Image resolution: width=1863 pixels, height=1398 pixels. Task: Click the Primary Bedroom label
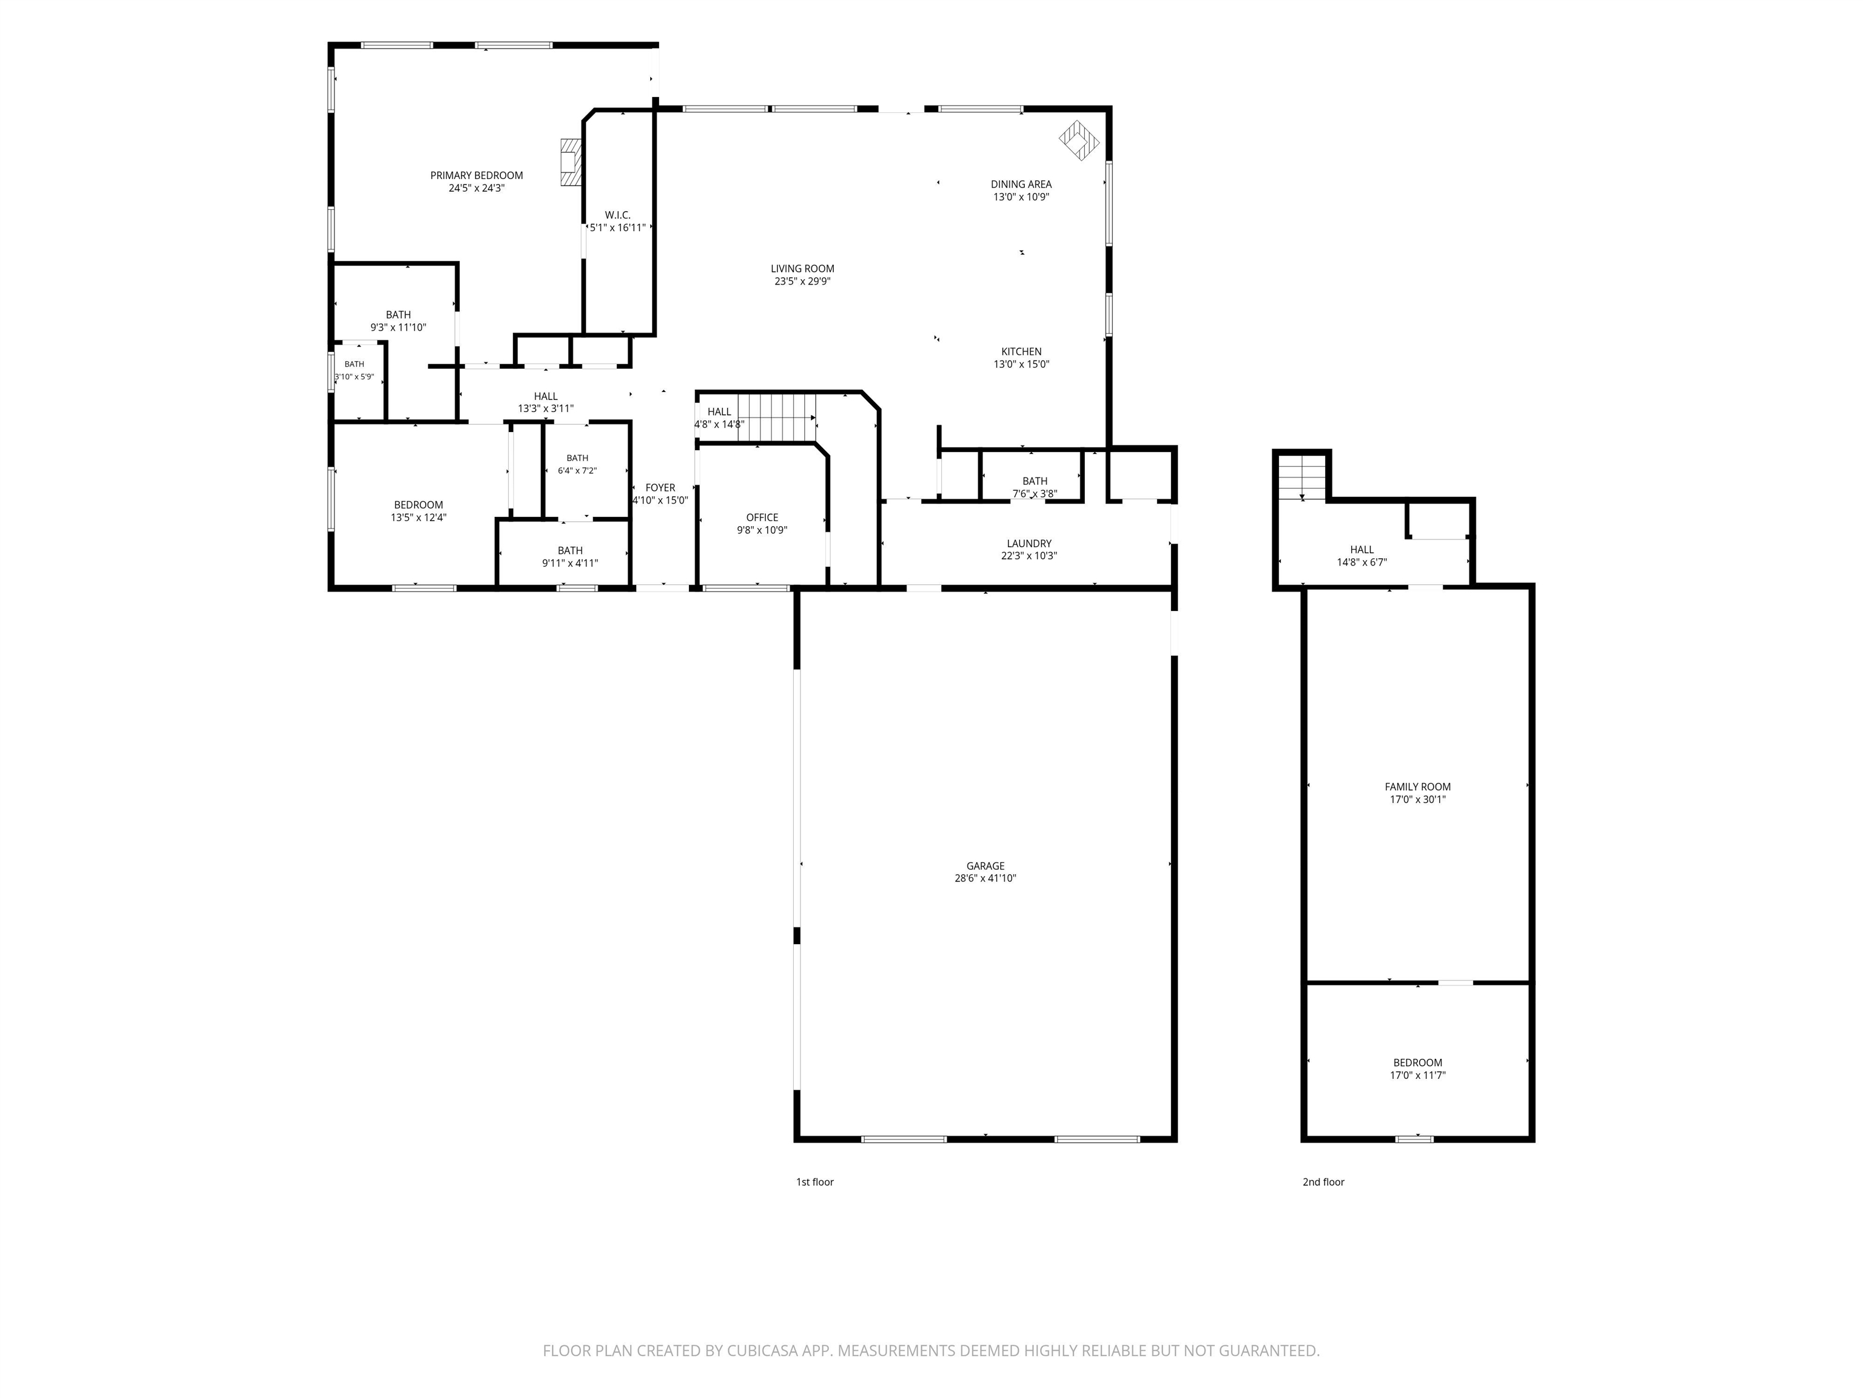click(x=477, y=175)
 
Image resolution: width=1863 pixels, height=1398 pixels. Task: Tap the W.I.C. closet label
click(x=617, y=215)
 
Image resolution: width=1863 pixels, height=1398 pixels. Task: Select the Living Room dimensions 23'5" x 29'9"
click(x=803, y=282)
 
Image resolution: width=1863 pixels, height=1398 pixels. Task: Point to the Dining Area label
click(x=1021, y=184)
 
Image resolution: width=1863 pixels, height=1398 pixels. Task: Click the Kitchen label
click(x=1022, y=351)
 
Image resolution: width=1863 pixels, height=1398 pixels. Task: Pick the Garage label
click(x=985, y=865)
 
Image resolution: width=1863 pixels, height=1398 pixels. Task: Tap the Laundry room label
click(x=1029, y=544)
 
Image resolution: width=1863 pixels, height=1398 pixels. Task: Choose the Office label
click(x=762, y=518)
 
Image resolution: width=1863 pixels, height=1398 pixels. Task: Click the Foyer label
click(x=660, y=487)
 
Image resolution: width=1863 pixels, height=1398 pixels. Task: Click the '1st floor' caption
click(x=814, y=1181)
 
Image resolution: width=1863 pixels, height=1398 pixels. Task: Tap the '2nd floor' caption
click(x=1323, y=1181)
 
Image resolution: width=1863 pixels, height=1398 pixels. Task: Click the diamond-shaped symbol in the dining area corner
click(x=1079, y=141)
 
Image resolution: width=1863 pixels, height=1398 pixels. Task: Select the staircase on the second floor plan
click(x=1302, y=476)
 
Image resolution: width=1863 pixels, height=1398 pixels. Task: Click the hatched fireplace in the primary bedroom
click(x=570, y=163)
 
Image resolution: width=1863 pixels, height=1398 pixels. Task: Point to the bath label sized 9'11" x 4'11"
click(x=570, y=556)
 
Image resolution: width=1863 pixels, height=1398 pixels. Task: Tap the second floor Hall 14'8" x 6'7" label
click(x=1362, y=555)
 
